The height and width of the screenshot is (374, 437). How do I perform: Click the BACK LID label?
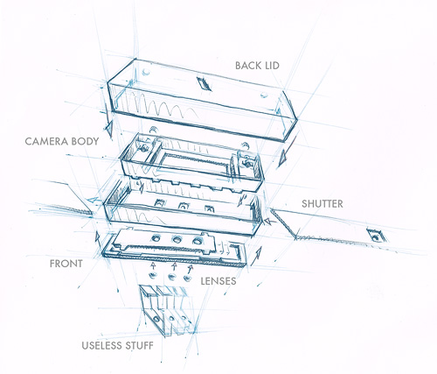pos(257,66)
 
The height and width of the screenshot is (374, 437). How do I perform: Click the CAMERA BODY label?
pos(62,141)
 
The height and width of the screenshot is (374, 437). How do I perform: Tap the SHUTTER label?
pos(323,204)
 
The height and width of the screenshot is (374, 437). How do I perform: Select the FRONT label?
pos(66,264)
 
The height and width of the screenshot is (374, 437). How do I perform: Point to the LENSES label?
pos(218,281)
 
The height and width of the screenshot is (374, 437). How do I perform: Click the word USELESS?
pos(101,346)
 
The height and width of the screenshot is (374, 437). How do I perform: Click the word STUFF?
pos(139,346)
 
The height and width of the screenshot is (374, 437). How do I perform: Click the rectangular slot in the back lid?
pos(205,84)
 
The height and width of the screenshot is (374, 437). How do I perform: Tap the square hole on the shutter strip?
pos(375,236)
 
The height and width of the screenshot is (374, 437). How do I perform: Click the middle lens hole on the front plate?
pos(177,240)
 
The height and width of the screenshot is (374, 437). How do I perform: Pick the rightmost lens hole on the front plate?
pos(198,242)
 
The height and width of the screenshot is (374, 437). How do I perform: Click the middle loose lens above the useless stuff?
pos(170,276)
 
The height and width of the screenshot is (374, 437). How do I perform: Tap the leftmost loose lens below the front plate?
pos(152,275)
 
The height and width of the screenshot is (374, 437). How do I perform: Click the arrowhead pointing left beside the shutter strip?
pos(270,221)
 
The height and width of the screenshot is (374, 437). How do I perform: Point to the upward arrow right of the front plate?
pos(256,256)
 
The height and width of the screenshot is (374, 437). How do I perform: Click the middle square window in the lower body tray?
pos(183,206)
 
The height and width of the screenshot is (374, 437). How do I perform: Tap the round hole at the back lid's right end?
pos(264,95)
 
